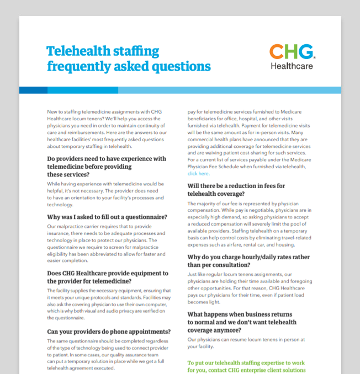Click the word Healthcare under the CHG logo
(x=292, y=66)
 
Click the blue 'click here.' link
(x=198, y=174)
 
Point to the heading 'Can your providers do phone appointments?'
(x=109, y=332)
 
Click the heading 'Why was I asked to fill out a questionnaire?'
(x=107, y=217)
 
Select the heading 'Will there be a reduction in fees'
(x=236, y=186)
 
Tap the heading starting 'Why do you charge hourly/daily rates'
(x=248, y=257)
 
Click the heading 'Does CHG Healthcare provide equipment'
(x=108, y=273)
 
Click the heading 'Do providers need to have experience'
(x=107, y=159)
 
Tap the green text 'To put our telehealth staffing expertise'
(x=246, y=363)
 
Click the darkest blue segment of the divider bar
(x=33, y=90)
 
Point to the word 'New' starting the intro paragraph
(x=52, y=111)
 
